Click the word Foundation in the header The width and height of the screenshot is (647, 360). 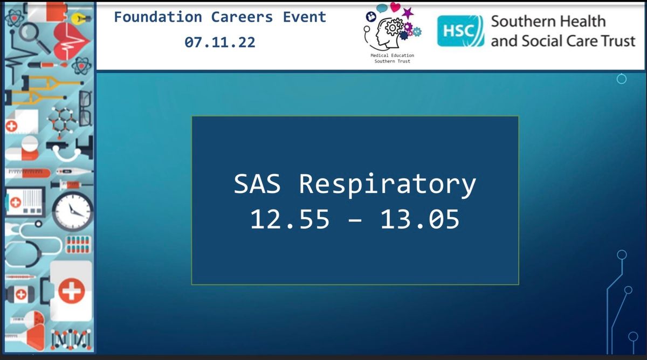pos(158,17)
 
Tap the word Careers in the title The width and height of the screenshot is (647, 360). pos(242,17)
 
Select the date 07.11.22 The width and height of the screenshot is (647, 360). pos(220,43)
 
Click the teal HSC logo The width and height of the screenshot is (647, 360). pos(460,31)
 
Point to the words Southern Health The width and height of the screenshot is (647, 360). pos(548,22)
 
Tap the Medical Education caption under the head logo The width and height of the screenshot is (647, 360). pos(393,56)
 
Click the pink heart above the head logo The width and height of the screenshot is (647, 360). pos(395,7)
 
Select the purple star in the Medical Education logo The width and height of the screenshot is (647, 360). pos(408,13)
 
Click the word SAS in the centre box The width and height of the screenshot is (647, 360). pos(257,184)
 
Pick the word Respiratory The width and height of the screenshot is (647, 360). pos(387,186)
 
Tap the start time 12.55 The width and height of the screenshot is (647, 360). pos(290,219)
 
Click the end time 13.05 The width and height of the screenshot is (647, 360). pos(420,219)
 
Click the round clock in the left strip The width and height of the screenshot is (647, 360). pos(72,211)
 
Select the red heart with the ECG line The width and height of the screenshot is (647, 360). pos(71,41)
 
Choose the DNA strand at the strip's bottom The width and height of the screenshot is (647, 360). pos(71,340)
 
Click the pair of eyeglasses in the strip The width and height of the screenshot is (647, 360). pos(86,108)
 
